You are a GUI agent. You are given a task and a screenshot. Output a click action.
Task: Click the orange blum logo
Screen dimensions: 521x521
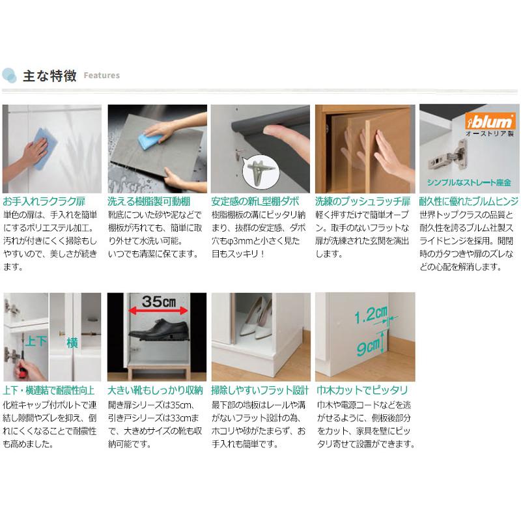pos(490,121)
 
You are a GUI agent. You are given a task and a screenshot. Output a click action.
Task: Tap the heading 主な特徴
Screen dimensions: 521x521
pos(50,76)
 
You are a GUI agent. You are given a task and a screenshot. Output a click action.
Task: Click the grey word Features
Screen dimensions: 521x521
pos(102,76)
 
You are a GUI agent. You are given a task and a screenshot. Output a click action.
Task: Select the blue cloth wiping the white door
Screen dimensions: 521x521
pos(44,148)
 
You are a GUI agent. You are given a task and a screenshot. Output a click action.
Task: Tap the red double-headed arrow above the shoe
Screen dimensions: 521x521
pos(158,311)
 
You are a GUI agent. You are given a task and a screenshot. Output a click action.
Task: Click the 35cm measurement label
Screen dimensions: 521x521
pos(159,301)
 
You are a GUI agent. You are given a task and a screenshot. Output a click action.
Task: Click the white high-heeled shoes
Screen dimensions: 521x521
pos(255,317)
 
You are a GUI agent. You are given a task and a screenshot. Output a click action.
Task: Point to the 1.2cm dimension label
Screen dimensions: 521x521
pos(371,315)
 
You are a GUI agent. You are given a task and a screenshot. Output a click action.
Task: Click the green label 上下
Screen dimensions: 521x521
pos(36,341)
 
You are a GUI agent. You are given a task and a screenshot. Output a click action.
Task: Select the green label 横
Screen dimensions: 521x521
pos(72,343)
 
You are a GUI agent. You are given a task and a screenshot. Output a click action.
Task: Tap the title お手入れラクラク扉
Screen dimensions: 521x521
pos(44,201)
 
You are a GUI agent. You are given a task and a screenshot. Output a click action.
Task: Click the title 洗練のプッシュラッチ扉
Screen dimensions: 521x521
pos(363,201)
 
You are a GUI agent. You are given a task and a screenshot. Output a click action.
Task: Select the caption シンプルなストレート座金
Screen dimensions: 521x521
pos(469,182)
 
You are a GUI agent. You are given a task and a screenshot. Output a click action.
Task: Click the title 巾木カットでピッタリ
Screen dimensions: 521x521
pos(362,390)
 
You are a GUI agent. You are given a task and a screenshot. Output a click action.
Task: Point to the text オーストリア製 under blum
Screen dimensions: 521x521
pos(490,134)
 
